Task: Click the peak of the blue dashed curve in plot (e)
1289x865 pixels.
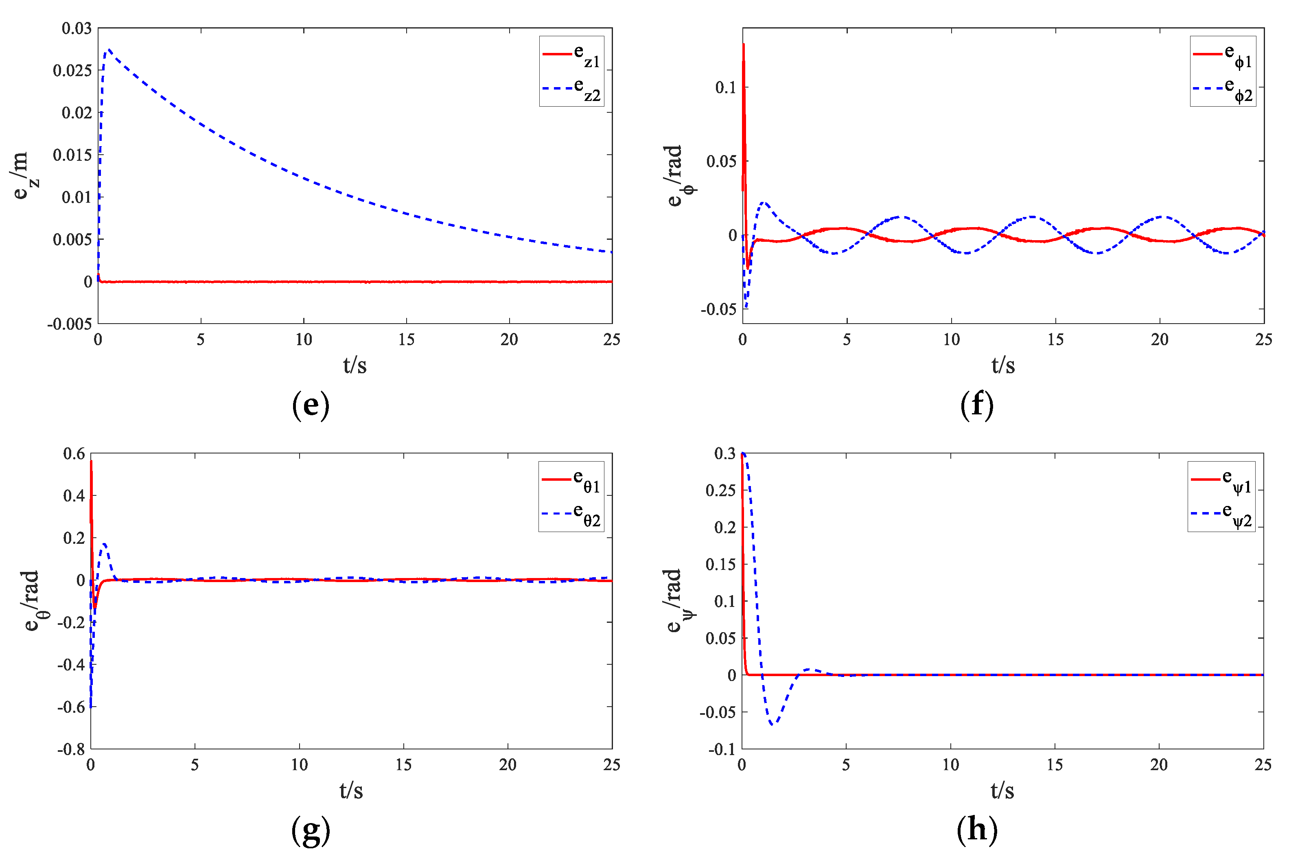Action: click(109, 50)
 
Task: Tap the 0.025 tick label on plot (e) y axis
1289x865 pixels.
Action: click(72, 70)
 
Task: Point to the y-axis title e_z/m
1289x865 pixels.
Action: click(23, 175)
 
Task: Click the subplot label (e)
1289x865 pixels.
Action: click(311, 405)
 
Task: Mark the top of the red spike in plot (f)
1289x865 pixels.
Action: click(744, 44)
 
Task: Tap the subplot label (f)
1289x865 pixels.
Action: click(976, 405)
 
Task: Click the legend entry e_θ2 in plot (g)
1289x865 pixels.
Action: click(571, 514)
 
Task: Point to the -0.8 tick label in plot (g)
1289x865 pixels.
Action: click(72, 749)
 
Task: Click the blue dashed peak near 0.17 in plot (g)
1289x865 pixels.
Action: click(104, 544)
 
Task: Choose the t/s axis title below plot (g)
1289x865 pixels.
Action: click(351, 791)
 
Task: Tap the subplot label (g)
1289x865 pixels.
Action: click(311, 830)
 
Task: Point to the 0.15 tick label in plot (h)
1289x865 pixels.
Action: click(720, 564)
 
